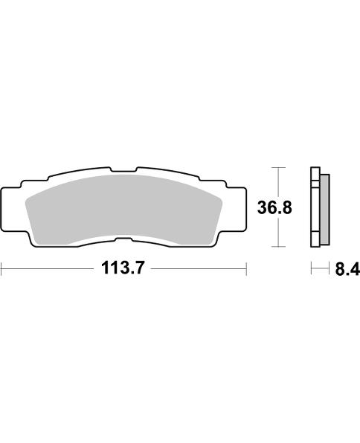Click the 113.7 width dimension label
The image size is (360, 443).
pos(123,270)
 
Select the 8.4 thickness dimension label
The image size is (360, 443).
pos(346,271)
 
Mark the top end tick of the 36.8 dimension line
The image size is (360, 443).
pos(277,167)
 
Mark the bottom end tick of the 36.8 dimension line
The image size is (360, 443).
pos(277,246)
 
